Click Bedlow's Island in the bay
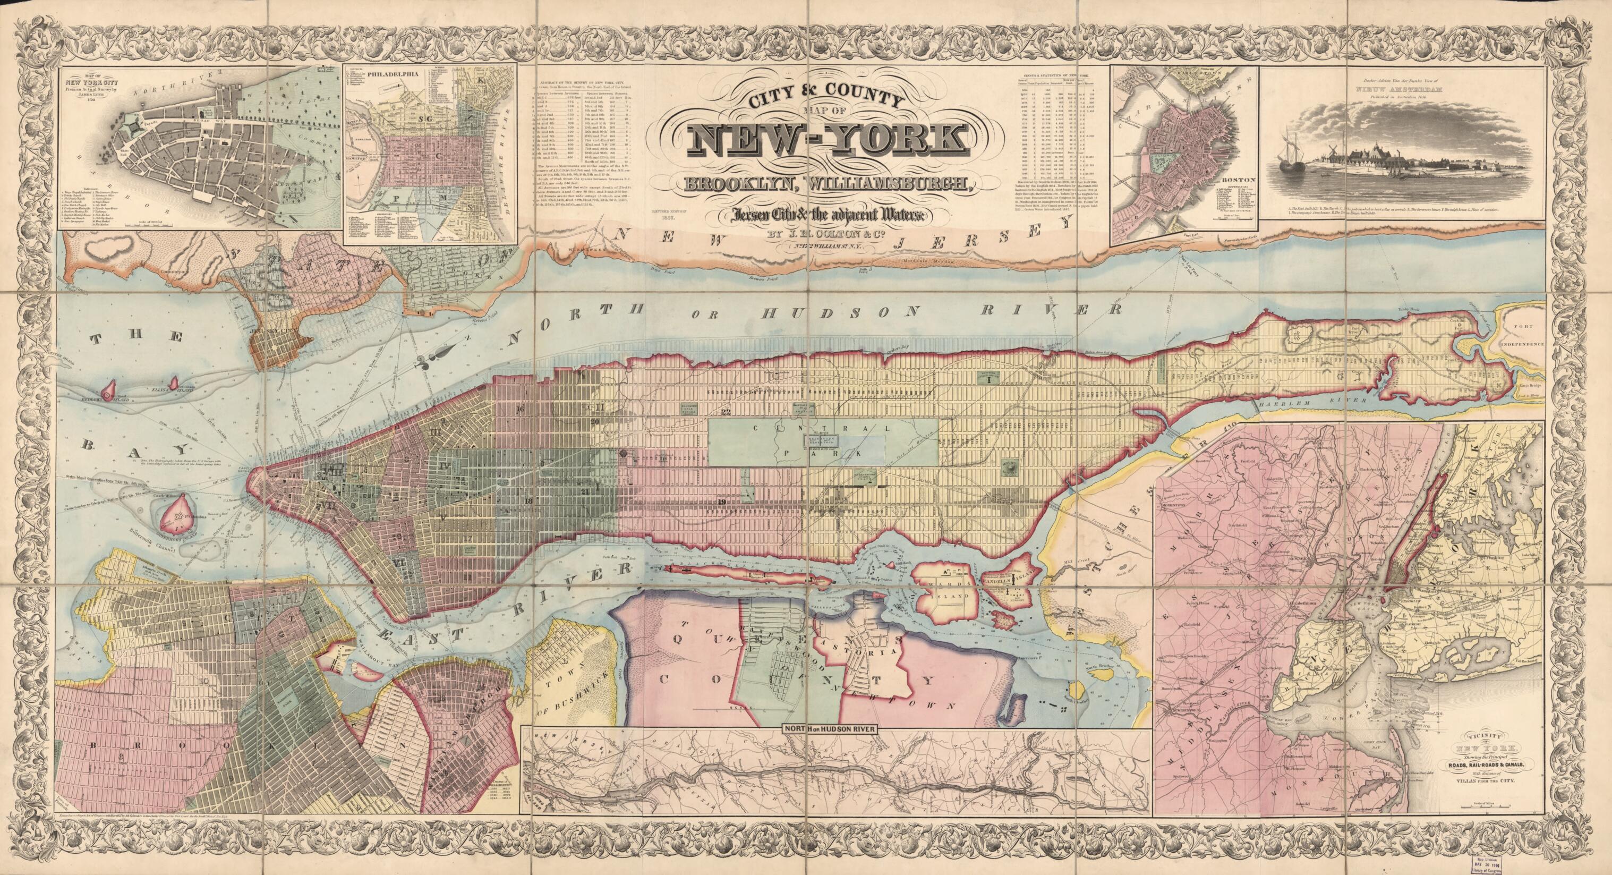108,407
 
